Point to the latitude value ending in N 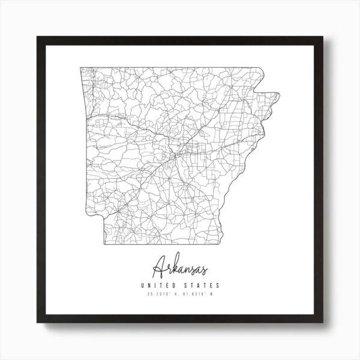click(x=161, y=293)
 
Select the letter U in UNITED click(x=142, y=285)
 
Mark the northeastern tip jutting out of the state click(x=279, y=94)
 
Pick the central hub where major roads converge click(x=175, y=156)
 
